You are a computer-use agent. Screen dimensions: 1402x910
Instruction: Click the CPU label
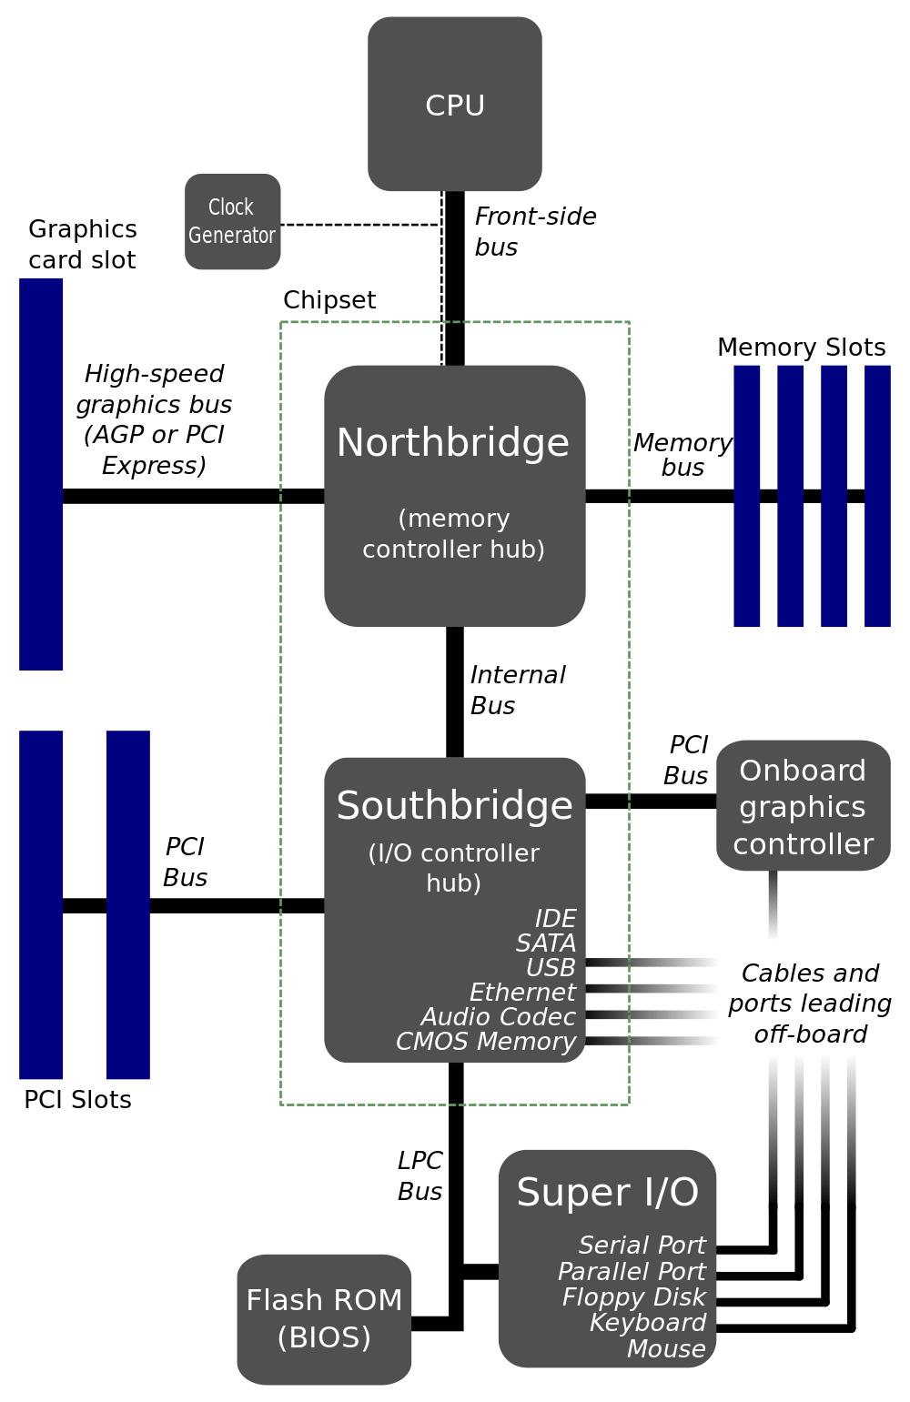pos(455,106)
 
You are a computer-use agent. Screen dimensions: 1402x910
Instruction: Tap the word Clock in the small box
pos(231,207)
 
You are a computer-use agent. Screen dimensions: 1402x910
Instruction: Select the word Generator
pos(232,236)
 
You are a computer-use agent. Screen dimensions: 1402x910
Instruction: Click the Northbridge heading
pos(453,443)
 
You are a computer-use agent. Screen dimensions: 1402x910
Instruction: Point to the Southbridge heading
pos(454,806)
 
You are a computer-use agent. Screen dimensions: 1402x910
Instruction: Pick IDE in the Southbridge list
pos(555,918)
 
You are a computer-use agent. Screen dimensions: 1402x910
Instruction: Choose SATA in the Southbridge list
pos(546,943)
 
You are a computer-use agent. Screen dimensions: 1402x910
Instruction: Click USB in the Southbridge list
pos(551,967)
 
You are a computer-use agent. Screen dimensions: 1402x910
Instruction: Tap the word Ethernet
pos(522,992)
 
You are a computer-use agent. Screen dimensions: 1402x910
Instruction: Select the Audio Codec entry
pos(498,1016)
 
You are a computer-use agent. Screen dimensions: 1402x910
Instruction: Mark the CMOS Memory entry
pos(486,1041)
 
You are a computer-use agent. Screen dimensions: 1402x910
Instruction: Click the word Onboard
pos(803,771)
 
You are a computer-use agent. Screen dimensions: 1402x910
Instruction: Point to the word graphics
pos(803,807)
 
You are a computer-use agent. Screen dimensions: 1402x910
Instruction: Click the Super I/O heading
pos(608,1193)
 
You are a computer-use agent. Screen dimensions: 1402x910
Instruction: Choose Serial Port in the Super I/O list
pos(642,1245)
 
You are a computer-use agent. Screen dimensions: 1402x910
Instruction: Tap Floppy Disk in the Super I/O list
pos(633,1296)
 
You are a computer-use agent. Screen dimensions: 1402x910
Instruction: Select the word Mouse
pos(666,1348)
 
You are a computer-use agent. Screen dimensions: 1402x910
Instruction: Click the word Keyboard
pos(647,1322)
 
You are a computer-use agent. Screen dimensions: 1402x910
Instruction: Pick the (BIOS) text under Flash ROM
pos(324,1337)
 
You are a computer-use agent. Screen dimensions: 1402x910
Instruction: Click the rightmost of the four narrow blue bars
pos(877,496)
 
